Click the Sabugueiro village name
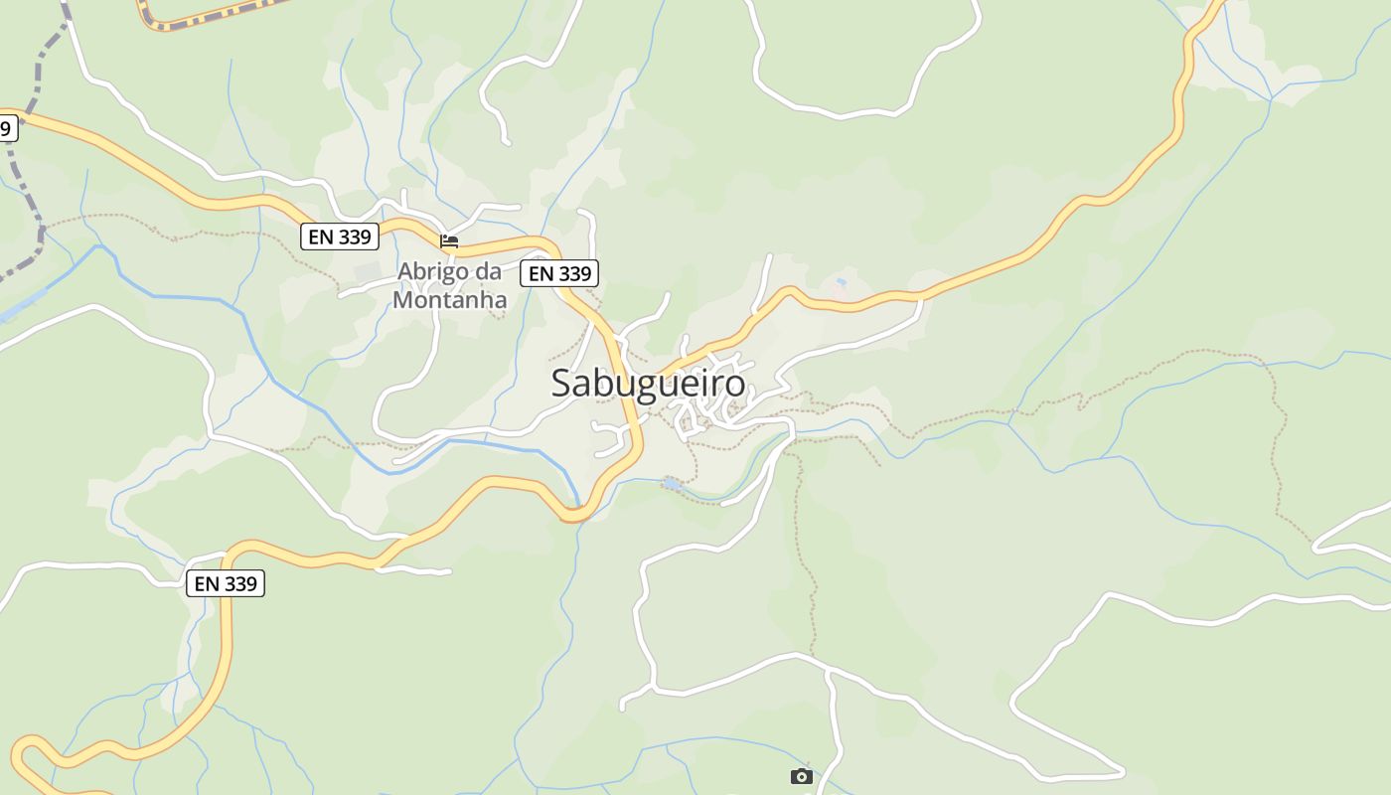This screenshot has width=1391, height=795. (648, 384)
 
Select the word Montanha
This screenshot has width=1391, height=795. (450, 299)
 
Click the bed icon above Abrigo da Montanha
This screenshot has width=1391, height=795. (449, 240)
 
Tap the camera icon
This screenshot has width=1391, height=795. (802, 776)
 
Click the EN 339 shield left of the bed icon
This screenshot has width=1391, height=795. (340, 237)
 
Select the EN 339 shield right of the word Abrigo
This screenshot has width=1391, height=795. (560, 273)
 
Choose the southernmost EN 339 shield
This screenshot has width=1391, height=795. (226, 583)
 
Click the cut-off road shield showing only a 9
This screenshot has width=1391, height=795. (7, 127)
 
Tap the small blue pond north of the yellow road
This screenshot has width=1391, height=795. (842, 283)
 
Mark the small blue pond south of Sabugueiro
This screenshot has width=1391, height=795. (673, 484)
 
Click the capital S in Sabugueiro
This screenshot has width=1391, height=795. (562, 384)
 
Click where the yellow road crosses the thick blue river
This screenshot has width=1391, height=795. (574, 514)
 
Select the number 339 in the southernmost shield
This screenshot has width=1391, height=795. (241, 583)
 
